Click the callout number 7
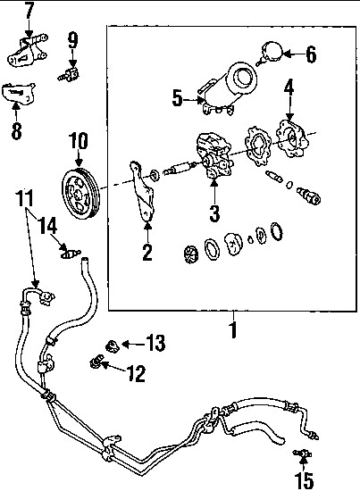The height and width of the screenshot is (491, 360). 29,11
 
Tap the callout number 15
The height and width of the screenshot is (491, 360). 305,481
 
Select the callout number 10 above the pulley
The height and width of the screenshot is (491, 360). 79,141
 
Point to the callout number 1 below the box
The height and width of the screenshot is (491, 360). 233,329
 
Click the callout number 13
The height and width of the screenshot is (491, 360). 155,343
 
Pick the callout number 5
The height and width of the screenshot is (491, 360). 178,98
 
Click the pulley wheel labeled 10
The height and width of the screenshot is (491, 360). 80,195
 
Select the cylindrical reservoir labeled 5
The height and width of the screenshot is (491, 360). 227,88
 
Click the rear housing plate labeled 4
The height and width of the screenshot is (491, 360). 292,139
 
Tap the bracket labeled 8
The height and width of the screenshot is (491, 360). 18,93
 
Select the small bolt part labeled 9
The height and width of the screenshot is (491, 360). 69,74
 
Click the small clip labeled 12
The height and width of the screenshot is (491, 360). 96,361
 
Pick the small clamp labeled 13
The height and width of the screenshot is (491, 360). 112,345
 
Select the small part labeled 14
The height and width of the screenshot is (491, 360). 71,253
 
